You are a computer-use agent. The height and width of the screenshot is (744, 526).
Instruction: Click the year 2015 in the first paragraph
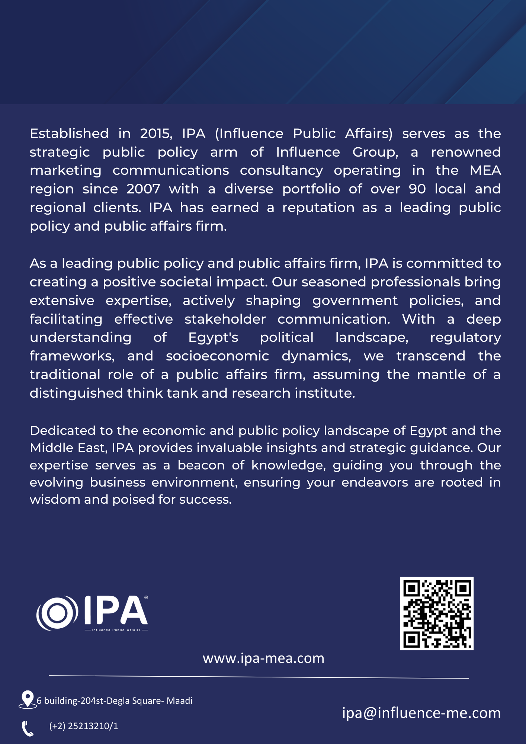pyautogui.click(x=155, y=134)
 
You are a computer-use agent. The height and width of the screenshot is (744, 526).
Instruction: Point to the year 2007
pyautogui.click(x=143, y=189)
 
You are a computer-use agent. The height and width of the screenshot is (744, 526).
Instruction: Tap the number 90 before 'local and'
pyautogui.click(x=417, y=189)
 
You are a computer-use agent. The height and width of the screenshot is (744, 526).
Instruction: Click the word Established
pyautogui.click(x=69, y=134)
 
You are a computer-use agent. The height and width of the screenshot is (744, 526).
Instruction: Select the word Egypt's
pyautogui.click(x=213, y=337)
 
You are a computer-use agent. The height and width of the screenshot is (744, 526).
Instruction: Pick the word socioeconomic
pyautogui.click(x=217, y=356)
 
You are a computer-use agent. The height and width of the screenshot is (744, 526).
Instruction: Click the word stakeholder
pyautogui.click(x=225, y=319)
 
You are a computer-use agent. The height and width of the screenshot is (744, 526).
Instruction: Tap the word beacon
pyautogui.click(x=201, y=465)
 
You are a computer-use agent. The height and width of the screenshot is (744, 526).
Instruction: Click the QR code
pyautogui.click(x=437, y=613)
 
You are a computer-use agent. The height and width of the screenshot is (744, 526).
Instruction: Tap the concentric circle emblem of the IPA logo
pyautogui.click(x=57, y=613)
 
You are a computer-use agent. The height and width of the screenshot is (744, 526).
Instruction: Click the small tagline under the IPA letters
pyautogui.click(x=116, y=630)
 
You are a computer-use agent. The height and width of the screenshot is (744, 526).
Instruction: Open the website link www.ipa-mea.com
pyautogui.click(x=263, y=658)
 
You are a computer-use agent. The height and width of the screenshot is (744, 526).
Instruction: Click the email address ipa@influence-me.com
pyautogui.click(x=421, y=713)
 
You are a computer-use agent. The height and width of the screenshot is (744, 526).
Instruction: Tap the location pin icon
pyautogui.click(x=27, y=699)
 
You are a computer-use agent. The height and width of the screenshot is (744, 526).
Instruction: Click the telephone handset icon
pyautogui.click(x=28, y=728)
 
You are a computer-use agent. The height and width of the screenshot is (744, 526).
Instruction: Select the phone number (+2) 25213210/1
pyautogui.click(x=84, y=726)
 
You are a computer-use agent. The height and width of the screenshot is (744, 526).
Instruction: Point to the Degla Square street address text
pyautogui.click(x=115, y=701)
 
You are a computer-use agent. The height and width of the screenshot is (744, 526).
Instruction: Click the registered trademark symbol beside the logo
pyautogui.click(x=146, y=598)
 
